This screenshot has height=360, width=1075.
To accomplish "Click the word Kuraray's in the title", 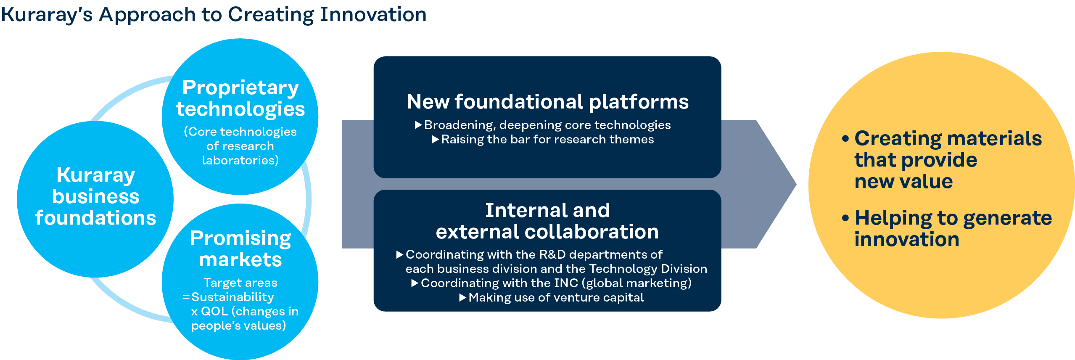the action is tap(47, 15).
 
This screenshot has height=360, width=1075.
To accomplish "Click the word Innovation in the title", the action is tap(373, 14).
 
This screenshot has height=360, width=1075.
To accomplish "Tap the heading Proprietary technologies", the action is tap(240, 98).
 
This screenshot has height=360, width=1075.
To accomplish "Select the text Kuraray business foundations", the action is tap(95, 196).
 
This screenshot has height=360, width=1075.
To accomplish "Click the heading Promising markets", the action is tap(240, 249).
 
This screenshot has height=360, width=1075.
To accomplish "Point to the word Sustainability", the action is tap(232, 297).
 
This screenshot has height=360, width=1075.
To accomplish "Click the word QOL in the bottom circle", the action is tap(214, 311).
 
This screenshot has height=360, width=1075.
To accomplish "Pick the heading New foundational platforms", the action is tap(548, 102).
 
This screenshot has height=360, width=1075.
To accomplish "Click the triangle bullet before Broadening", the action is tap(418, 124).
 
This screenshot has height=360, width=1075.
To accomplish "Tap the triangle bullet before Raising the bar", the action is tap(436, 139).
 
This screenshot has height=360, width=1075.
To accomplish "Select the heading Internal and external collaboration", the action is tap(547, 221).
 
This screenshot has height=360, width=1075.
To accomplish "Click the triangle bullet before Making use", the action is tap(463, 297).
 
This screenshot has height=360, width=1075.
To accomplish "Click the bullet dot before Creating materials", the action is tap(846, 139).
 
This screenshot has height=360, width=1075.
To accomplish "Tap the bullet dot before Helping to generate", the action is tap(846, 218).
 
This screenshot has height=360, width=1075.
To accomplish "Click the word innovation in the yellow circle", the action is tap(907, 239).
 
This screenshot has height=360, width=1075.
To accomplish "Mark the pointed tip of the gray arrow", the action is tap(796, 184).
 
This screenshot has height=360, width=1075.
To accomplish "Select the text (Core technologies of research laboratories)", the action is tap(240, 146).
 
